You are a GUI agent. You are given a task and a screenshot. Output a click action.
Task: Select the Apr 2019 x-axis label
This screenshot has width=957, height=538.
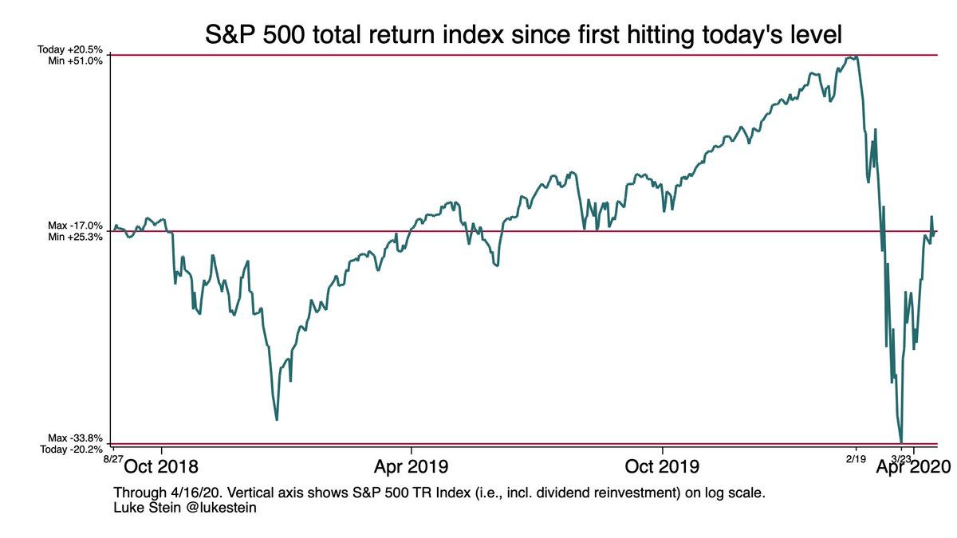tap(412, 465)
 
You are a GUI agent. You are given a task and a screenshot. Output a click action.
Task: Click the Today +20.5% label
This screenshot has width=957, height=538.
tap(70, 49)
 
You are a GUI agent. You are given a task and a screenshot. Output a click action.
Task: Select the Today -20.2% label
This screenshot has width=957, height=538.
tap(70, 450)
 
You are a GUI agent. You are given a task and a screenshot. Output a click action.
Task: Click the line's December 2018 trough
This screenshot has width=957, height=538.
tap(277, 419)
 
